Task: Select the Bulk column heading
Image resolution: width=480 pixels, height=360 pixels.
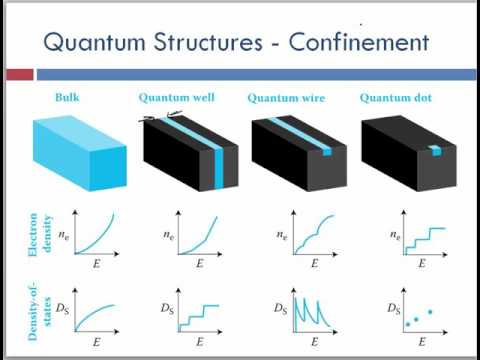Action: (68, 97)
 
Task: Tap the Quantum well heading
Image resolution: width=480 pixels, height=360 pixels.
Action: (177, 97)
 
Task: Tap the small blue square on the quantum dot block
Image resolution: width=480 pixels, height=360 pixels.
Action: (434, 151)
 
